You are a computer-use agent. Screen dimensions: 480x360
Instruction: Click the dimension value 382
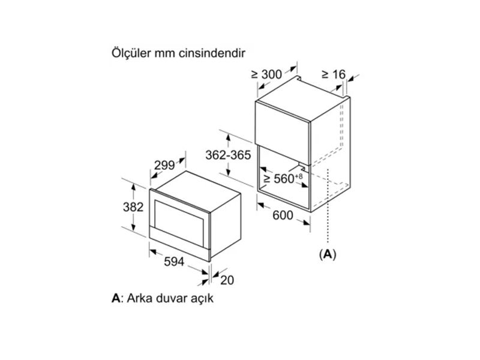[x=133, y=207]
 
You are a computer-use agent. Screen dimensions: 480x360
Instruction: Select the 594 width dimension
[x=174, y=262]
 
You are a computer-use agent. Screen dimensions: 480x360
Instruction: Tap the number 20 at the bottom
[x=227, y=280]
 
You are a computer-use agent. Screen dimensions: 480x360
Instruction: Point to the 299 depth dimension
[x=164, y=166]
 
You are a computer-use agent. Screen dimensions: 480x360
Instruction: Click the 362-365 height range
[x=228, y=155]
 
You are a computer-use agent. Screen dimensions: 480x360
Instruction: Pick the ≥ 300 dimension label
[x=266, y=74]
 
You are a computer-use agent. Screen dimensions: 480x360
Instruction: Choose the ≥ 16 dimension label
[x=334, y=74]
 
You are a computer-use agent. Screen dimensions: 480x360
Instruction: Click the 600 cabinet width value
[x=283, y=215]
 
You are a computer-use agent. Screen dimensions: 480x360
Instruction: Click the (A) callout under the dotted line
[x=328, y=254]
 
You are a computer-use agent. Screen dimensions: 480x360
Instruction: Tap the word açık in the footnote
[x=202, y=298]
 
